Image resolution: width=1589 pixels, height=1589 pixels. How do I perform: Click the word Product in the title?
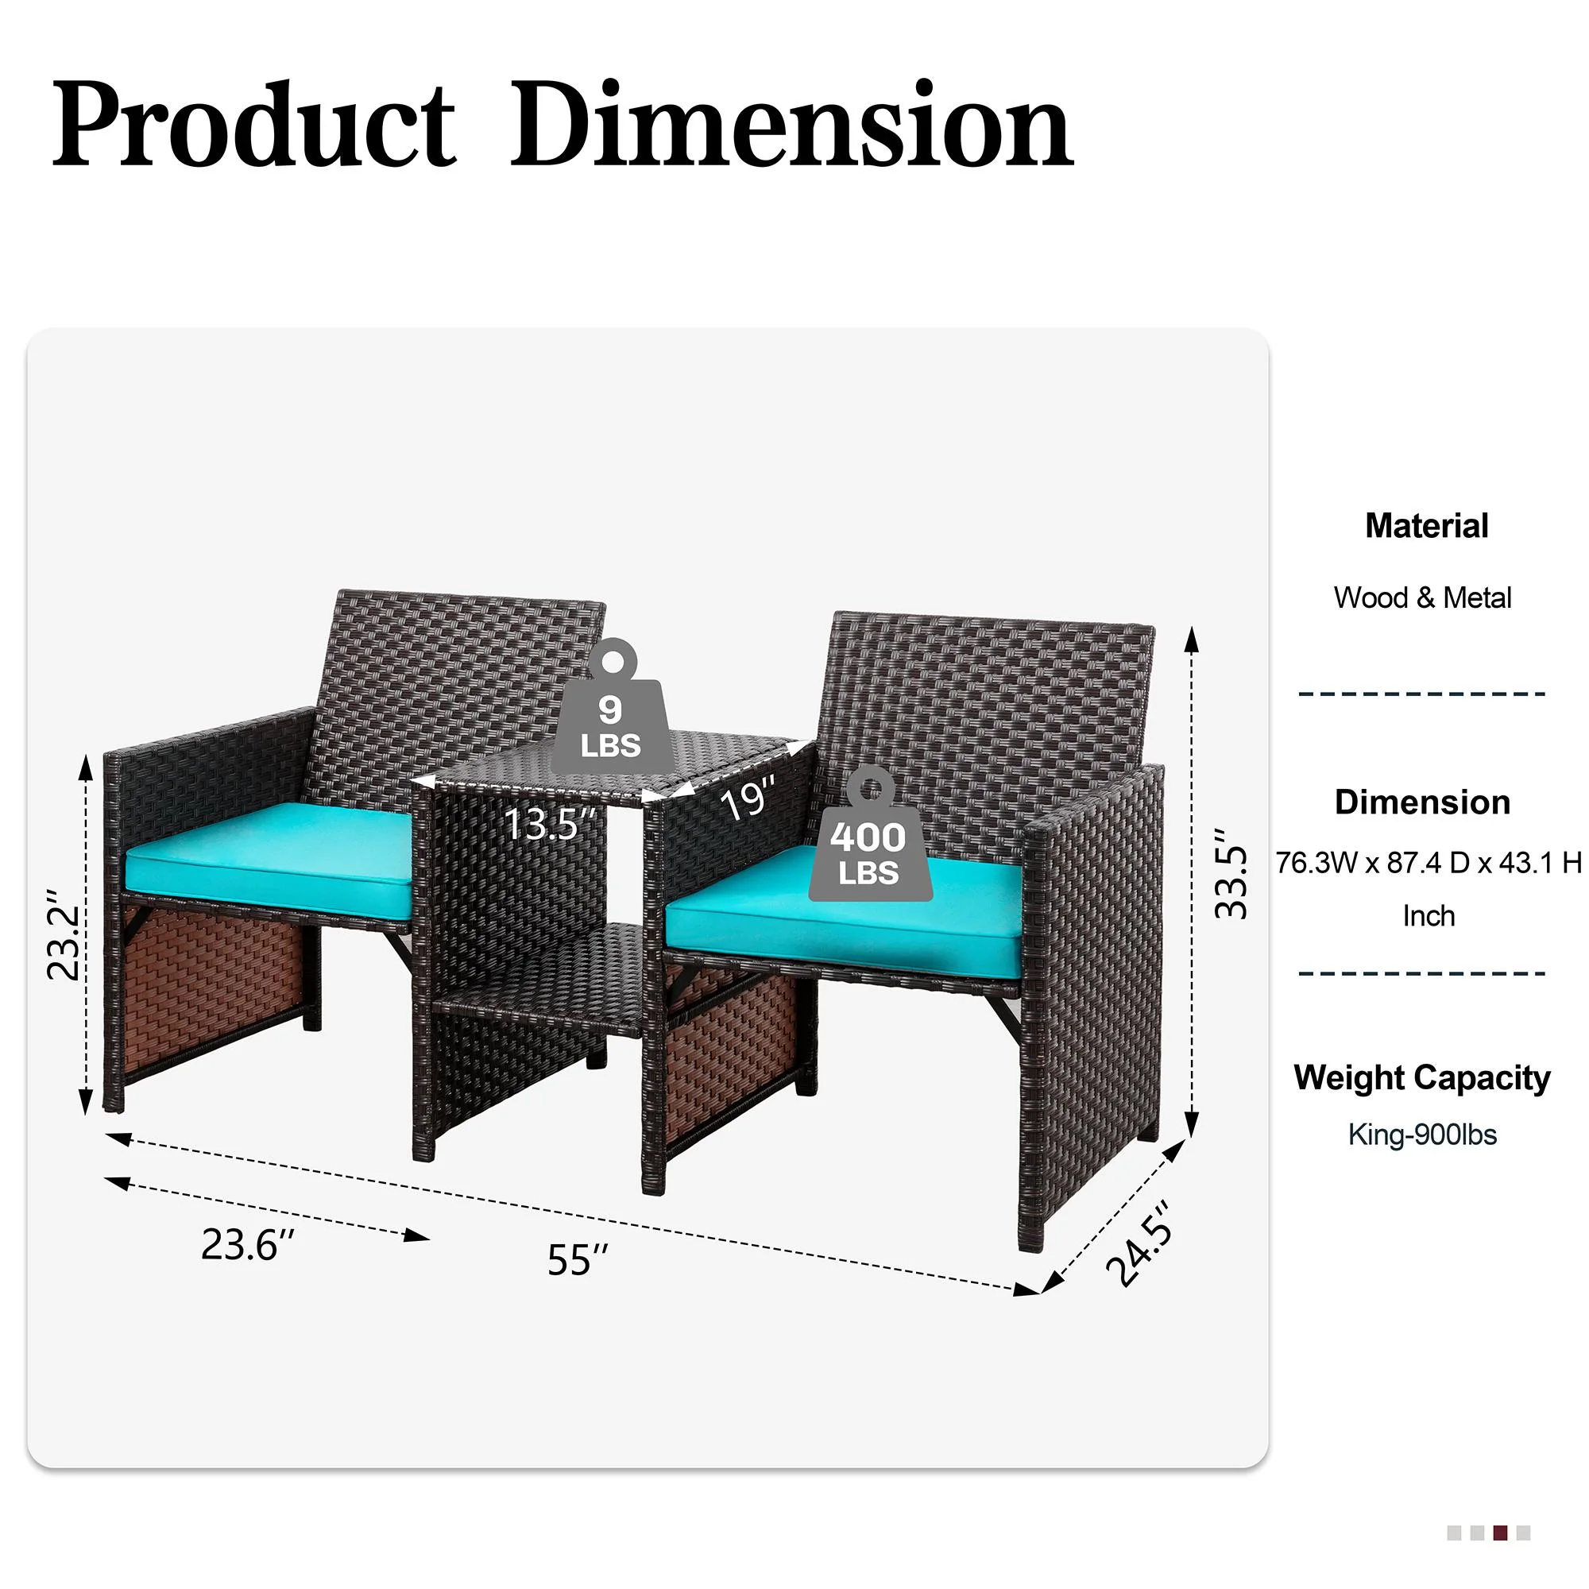click(x=253, y=125)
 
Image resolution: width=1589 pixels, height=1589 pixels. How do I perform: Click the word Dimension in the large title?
click(x=791, y=125)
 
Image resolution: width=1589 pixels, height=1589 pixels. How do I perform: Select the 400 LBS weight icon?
click(x=868, y=834)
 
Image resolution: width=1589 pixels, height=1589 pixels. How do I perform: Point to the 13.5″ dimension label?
click(x=548, y=823)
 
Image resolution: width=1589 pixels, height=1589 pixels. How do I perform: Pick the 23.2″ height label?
click(x=64, y=934)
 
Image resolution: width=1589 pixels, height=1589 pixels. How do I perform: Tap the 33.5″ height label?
click(x=1231, y=872)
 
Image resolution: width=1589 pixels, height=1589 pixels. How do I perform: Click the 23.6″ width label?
click(x=247, y=1244)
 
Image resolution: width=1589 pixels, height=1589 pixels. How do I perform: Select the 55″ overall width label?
click(x=578, y=1259)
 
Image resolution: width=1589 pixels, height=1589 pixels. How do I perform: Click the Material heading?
click(x=1426, y=525)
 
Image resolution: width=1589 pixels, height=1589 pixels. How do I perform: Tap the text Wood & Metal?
click(x=1422, y=597)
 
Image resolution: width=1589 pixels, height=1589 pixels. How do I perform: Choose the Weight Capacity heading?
click(x=1421, y=1077)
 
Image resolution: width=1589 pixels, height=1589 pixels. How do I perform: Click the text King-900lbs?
click(x=1422, y=1135)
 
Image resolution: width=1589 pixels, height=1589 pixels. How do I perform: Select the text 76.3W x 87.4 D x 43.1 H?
click(x=1429, y=862)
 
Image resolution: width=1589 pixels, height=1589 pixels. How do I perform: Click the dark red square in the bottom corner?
click(x=1500, y=1533)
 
